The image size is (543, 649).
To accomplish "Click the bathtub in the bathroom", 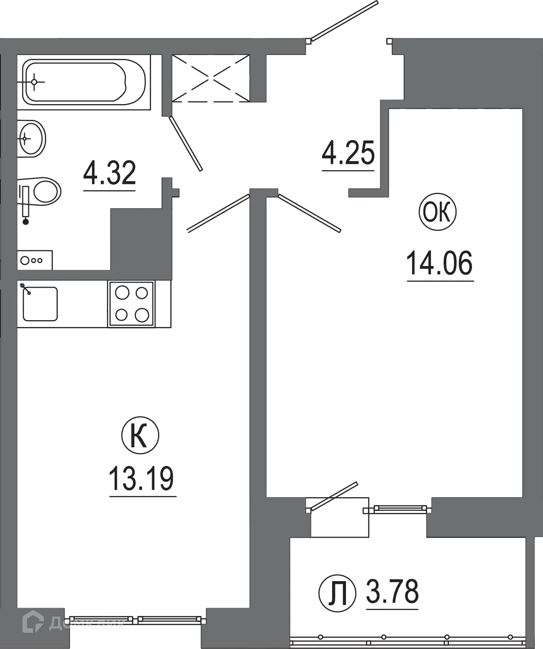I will coord(85,82).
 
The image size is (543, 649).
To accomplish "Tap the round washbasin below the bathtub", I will coord(32,138).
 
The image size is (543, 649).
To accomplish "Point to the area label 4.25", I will coord(348,153).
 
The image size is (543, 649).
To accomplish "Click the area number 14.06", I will coord(439,263).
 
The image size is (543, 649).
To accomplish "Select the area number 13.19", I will coord(142,478).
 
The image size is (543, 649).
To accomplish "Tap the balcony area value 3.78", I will coord(392,592).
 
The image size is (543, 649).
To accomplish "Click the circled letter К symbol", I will coord(140,436).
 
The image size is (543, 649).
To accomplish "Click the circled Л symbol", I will coord(337,593).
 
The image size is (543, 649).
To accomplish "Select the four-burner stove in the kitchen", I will coord(132,304).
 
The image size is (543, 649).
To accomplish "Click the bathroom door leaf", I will coord(186,144).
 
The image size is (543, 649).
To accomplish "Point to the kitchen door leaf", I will coord(218,213).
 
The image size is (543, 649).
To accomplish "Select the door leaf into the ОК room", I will coord(310,212).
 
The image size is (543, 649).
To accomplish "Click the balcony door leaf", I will coord(333,495).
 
